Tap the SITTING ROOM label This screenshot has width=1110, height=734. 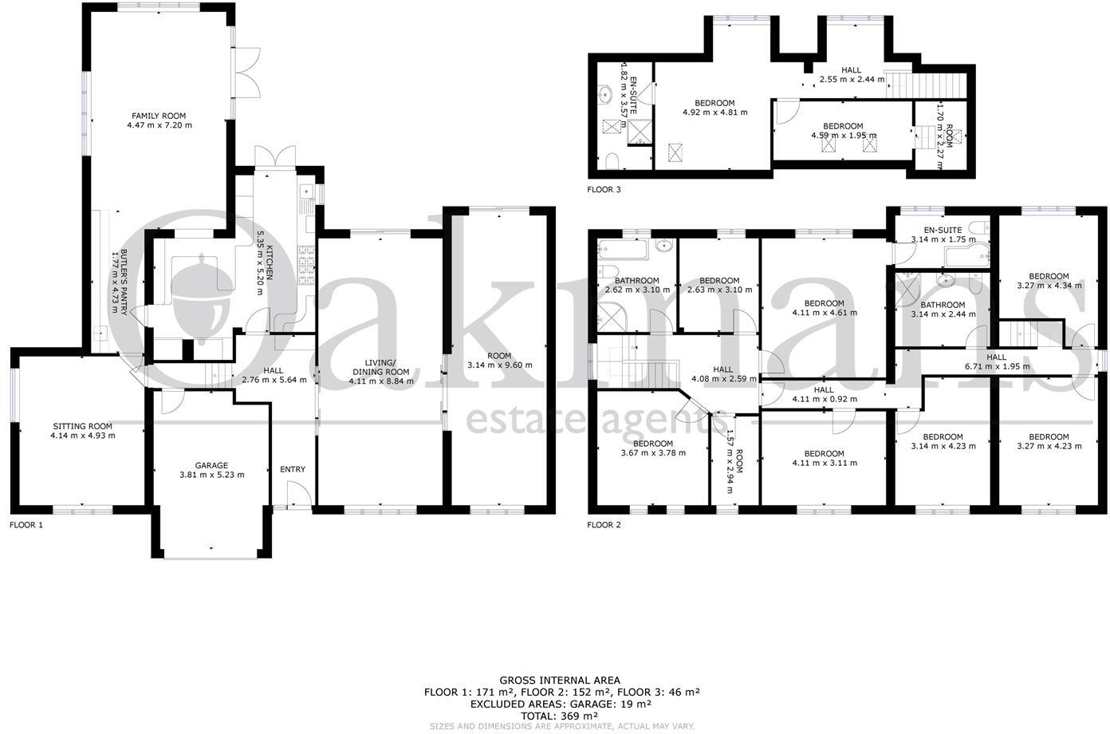[83, 426]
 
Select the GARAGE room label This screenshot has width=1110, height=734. [211, 465]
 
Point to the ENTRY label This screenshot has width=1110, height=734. [292, 469]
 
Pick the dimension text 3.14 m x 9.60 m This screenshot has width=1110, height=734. [499, 365]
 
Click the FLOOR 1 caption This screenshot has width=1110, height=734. [26, 525]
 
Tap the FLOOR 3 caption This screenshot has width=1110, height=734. [604, 190]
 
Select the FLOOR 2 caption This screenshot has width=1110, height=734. [604, 525]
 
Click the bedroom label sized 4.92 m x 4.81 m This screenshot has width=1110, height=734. [714, 103]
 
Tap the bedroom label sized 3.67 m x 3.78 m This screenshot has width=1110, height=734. [652, 444]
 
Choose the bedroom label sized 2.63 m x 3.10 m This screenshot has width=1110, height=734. [719, 281]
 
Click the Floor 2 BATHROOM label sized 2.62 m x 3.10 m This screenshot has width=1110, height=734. [636, 281]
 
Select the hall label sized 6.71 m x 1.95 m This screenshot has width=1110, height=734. [996, 357]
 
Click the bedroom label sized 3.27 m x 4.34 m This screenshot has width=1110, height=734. [1049, 277]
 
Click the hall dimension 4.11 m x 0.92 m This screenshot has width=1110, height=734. [824, 399]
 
